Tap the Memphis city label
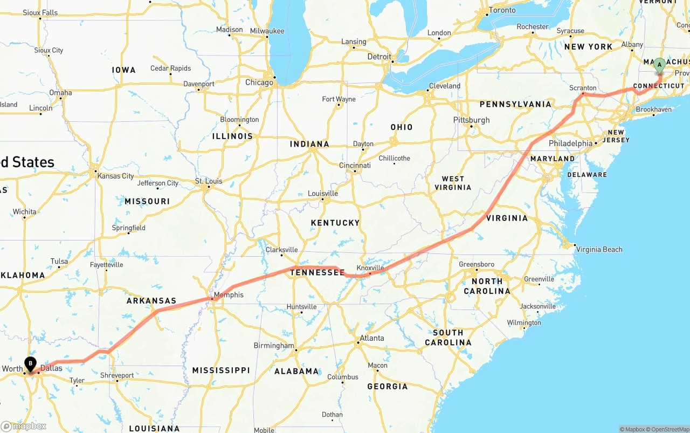point(229,295)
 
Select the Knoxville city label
point(370,268)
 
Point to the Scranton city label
point(583,88)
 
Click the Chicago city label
point(259,83)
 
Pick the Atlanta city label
point(372,338)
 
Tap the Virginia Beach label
point(599,249)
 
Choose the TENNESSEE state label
point(318,273)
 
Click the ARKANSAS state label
point(151,301)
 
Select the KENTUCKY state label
point(335,223)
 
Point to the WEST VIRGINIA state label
point(453,183)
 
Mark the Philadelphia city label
point(570,143)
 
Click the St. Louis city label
point(209,181)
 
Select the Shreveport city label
point(117,375)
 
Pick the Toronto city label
point(502,10)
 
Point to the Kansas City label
point(115,176)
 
